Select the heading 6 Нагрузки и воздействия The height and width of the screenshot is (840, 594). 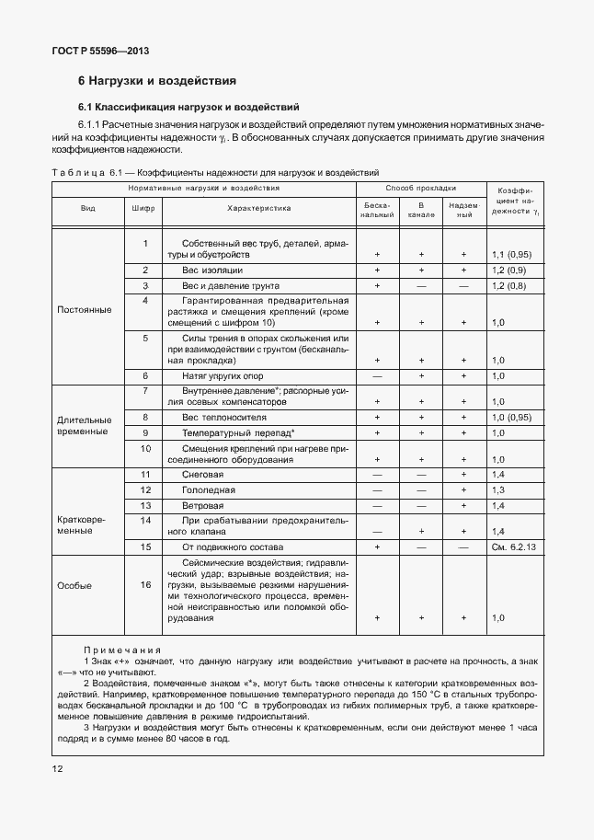(x=157, y=81)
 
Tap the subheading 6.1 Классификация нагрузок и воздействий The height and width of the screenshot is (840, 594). (x=188, y=107)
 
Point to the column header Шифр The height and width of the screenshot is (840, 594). (x=143, y=208)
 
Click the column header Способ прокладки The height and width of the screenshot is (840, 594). (x=420, y=188)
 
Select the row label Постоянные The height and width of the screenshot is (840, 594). (x=85, y=309)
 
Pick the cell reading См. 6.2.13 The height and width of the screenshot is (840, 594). (x=512, y=547)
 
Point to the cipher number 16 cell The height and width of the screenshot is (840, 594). (x=144, y=584)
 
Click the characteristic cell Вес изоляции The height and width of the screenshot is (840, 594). (x=211, y=270)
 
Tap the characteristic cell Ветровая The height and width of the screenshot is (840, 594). (x=202, y=506)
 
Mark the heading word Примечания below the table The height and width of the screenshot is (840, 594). (x=122, y=649)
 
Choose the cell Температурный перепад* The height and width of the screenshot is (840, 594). (x=238, y=432)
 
